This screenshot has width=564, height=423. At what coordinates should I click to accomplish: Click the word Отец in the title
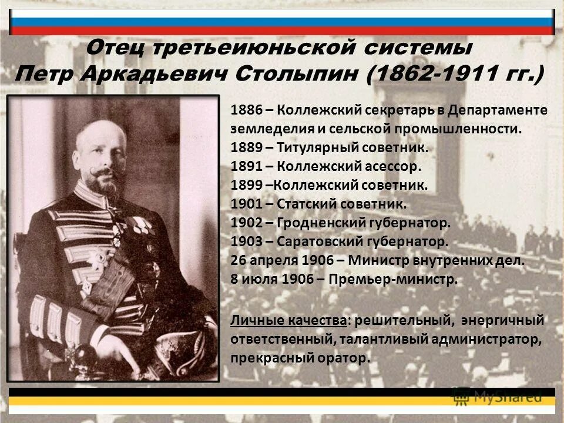116,47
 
